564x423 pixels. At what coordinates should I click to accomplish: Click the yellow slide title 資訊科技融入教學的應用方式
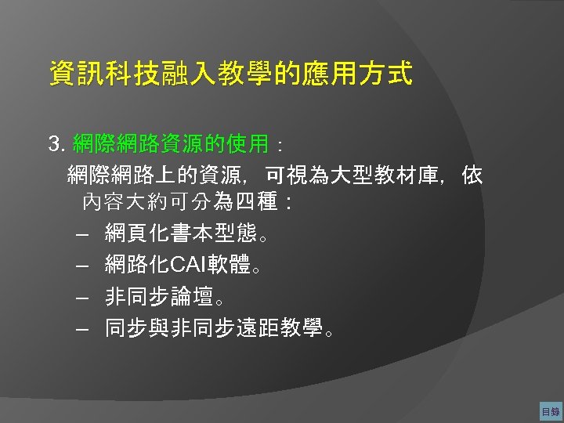pos(230,74)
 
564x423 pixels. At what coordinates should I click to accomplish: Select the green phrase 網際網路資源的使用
pos(170,144)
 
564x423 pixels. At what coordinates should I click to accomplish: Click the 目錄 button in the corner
pos(550,411)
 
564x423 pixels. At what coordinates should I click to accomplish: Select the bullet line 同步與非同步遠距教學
pos(214,329)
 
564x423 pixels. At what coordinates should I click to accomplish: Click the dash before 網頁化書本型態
pos(84,233)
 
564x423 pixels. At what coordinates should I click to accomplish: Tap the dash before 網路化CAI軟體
pos(84,266)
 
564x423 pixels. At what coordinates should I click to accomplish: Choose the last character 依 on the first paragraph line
pos(472,174)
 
